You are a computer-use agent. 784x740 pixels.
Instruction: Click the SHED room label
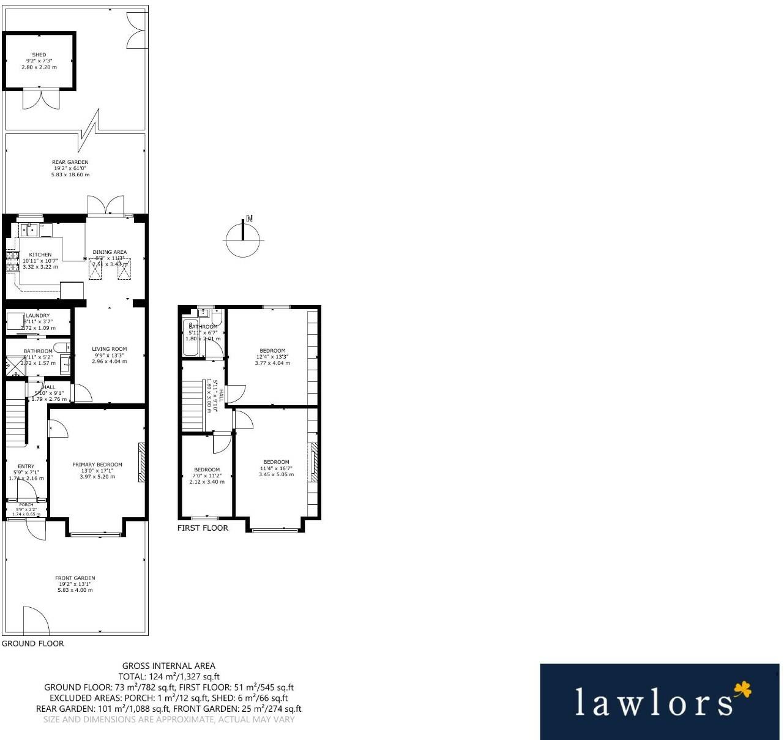(39, 55)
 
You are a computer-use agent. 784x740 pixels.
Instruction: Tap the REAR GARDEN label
(70, 162)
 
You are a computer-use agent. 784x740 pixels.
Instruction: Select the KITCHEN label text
(40, 255)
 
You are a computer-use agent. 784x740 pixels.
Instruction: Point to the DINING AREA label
(110, 252)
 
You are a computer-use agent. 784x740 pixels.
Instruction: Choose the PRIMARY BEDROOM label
(97, 465)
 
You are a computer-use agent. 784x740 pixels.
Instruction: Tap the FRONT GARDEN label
(75, 578)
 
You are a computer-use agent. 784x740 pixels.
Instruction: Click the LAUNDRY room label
(37, 316)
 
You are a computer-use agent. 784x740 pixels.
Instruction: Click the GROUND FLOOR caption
(33, 643)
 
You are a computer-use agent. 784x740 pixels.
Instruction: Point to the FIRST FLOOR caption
(203, 528)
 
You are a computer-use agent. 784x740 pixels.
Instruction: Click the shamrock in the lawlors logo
(742, 690)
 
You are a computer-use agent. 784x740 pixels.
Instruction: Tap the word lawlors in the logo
(653, 703)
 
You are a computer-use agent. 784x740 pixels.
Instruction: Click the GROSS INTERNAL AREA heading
(169, 666)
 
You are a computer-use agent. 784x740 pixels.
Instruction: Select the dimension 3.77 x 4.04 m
(272, 363)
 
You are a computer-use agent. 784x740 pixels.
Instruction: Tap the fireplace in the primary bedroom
(141, 462)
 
